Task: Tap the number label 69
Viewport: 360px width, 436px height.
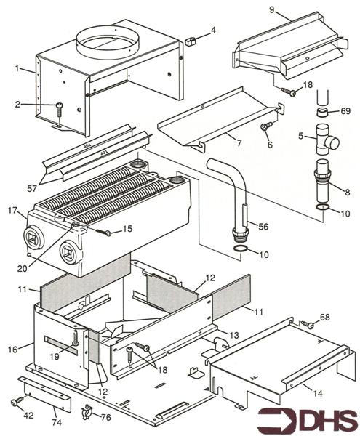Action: (x=345, y=111)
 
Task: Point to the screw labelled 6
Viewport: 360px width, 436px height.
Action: (x=265, y=129)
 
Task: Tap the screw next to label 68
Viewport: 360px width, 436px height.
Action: (x=308, y=324)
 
